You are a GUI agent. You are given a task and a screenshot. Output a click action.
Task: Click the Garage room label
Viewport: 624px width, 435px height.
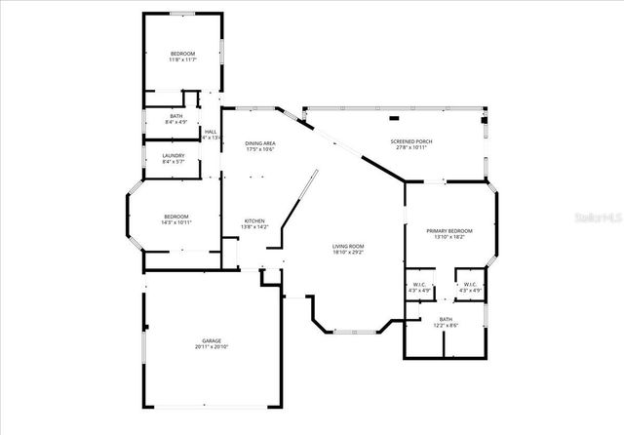click(x=212, y=340)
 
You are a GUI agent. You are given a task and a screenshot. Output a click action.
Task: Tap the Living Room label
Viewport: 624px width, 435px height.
click(x=348, y=246)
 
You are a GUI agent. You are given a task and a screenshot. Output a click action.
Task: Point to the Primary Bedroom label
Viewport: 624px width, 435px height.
click(x=449, y=230)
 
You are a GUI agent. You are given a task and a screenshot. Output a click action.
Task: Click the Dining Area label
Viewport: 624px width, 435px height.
click(x=260, y=142)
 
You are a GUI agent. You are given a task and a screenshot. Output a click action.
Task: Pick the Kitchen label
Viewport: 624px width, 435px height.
click(x=254, y=221)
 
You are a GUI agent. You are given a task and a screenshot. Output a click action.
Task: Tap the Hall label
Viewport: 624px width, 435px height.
click(x=211, y=132)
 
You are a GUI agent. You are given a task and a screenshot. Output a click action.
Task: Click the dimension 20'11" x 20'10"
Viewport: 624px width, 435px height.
click(x=212, y=347)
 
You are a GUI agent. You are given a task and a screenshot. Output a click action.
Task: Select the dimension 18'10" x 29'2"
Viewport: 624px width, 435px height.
click(x=348, y=252)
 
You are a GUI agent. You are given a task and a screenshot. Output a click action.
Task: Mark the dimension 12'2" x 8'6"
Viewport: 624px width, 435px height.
click(x=446, y=325)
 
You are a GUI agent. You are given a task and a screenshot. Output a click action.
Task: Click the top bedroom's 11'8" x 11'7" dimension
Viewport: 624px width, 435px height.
click(x=182, y=59)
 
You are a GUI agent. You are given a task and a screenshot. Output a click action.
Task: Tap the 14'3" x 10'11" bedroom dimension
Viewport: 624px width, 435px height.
click(x=176, y=222)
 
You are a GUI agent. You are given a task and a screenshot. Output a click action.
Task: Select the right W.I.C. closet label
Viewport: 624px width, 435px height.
click(x=472, y=284)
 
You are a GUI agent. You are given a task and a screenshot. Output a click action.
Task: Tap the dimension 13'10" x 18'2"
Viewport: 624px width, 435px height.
click(x=449, y=237)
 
